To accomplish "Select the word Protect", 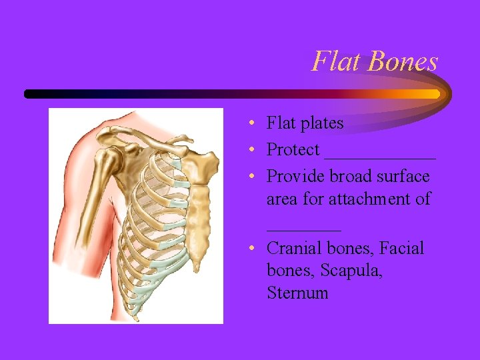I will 293,150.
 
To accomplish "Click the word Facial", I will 402,249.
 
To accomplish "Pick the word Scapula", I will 351,271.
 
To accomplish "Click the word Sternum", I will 297,293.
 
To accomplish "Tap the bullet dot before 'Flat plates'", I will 248,124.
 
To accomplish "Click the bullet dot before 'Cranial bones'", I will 248,249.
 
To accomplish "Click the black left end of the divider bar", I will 29,94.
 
